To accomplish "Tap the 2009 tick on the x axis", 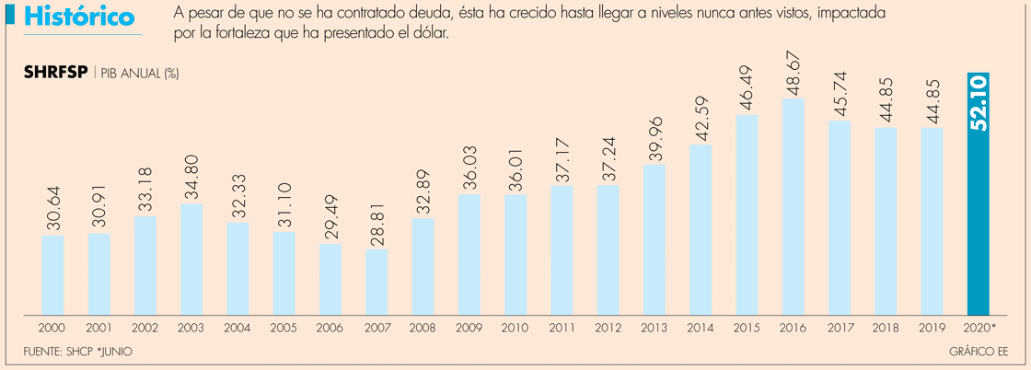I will coord(469,327).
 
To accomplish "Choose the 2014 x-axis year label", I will coord(701,327).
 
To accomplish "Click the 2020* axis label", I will coord(979,327).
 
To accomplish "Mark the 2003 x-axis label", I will coord(191,327).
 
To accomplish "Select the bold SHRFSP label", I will coord(54,73).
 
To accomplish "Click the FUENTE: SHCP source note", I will coord(59,353).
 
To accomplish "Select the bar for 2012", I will coord(608,249).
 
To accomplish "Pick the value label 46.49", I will coord(747,88).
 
